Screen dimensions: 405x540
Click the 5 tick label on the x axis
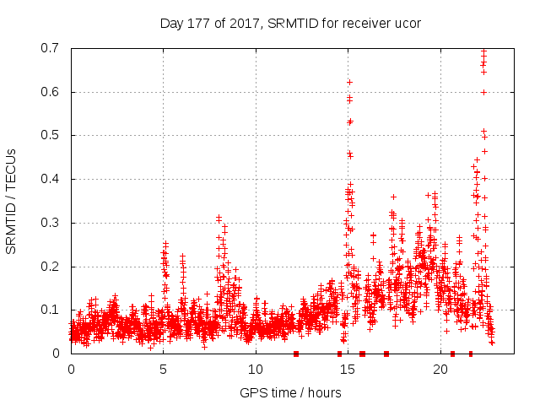click(164, 370)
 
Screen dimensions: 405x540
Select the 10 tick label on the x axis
click(256, 370)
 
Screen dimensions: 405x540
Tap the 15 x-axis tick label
click(348, 370)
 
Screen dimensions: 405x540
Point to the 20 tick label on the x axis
click(440, 370)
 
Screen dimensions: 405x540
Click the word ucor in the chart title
click(407, 23)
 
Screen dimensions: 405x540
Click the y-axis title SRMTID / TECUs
click(12, 201)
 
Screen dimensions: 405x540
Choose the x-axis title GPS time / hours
click(290, 392)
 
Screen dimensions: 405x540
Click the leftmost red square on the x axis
click(296, 354)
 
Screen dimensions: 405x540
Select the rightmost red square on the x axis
click(471, 354)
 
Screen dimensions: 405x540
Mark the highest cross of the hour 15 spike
click(349, 82)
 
